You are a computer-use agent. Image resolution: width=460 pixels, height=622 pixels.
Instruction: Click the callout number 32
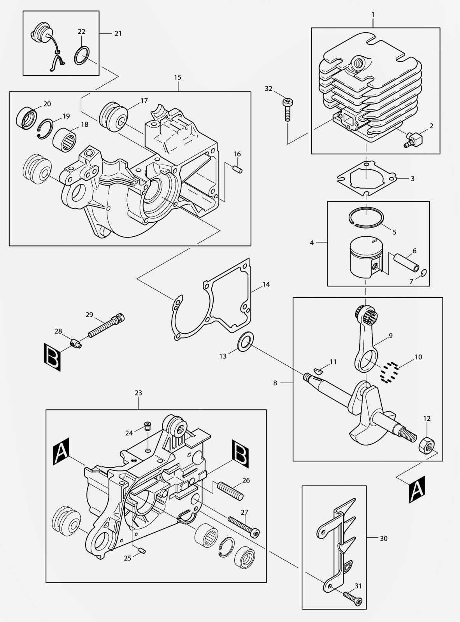[x=269, y=89]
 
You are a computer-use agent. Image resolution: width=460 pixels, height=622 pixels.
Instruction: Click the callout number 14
[x=266, y=284]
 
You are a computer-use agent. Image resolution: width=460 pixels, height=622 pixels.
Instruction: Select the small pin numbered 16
[x=238, y=169]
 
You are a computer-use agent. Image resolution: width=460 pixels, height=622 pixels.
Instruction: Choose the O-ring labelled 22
[x=82, y=56]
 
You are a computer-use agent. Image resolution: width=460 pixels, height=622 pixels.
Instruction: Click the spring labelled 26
[x=232, y=491]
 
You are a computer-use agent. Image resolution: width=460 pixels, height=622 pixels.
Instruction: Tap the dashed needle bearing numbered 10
[x=390, y=372]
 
